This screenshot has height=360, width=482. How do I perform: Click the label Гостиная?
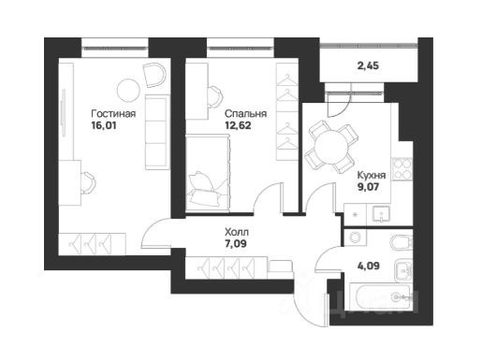click(x=113, y=114)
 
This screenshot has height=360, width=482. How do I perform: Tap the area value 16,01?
click(x=104, y=125)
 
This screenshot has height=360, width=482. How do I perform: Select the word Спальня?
click(x=246, y=114)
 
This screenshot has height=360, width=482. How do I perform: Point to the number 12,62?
click(x=238, y=125)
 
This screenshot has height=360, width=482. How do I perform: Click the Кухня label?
click(x=372, y=175)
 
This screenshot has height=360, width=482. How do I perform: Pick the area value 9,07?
click(x=368, y=187)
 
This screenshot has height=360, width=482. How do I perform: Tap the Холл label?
click(x=237, y=232)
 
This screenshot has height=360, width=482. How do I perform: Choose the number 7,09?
click(x=236, y=243)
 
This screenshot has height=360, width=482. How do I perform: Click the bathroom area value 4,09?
click(x=369, y=266)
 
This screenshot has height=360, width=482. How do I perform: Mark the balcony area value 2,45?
click(x=368, y=65)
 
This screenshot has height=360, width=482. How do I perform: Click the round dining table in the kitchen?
click(x=330, y=147)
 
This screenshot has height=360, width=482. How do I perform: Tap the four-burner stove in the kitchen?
click(x=402, y=169)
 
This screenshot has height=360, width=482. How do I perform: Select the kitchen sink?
click(x=381, y=214)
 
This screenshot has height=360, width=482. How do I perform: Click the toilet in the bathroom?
click(x=402, y=243)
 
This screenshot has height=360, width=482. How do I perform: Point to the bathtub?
click(x=380, y=297)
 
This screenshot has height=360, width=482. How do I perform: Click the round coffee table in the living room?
click(x=128, y=90)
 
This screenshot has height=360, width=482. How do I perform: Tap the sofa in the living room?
click(x=157, y=132)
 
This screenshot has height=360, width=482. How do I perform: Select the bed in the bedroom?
click(x=208, y=173)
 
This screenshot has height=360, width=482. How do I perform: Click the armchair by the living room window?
click(x=154, y=75)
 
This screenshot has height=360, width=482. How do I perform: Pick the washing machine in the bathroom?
click(x=355, y=238)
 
